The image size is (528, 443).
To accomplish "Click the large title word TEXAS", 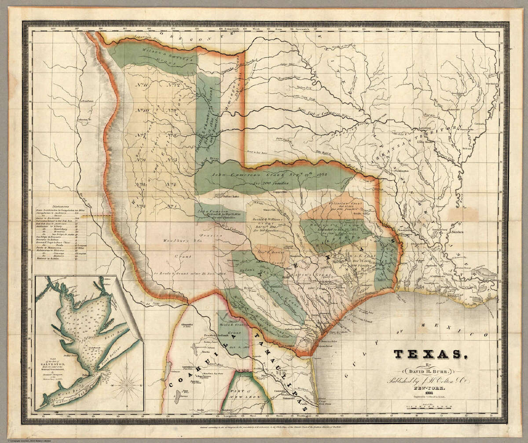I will coord(427,355).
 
